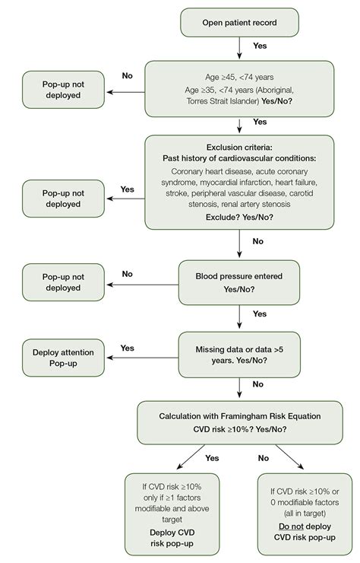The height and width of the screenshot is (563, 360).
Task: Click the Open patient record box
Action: coord(240,21)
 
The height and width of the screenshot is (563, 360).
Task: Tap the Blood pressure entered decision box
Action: coord(240,281)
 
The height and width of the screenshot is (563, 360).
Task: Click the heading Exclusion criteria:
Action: coord(240,147)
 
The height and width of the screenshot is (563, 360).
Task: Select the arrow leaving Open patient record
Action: coord(240,47)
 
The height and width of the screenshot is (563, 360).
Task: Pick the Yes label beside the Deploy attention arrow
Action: coord(128,348)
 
